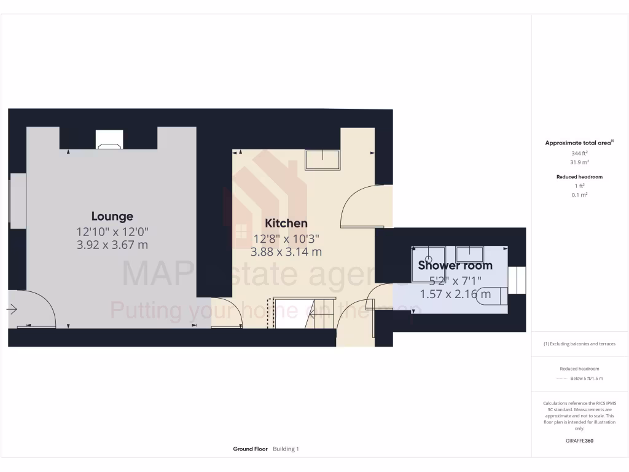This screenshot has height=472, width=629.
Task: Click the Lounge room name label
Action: pyautogui.click(x=112, y=216)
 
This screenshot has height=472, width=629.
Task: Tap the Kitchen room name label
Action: pyautogui.click(x=286, y=223)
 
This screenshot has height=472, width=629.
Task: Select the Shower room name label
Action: pyautogui.click(x=455, y=265)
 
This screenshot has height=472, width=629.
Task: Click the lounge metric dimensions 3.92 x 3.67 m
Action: pyautogui.click(x=112, y=245)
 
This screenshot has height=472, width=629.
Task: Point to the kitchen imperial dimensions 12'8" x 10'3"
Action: pyautogui.click(x=286, y=238)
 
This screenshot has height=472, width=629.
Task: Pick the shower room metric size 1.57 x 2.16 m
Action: pyautogui.click(x=455, y=294)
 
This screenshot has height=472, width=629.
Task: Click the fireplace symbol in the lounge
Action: pyautogui.click(x=109, y=141)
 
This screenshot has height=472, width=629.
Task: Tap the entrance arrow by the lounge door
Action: pyautogui.click(x=12, y=310)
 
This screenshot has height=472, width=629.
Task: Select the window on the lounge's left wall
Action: pyautogui.click(x=17, y=201)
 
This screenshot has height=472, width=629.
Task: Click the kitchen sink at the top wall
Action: pyautogui.click(x=322, y=159)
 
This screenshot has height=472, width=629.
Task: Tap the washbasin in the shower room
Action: pyautogui.click(x=470, y=254)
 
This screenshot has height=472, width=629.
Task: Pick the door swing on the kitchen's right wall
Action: pyautogui.click(x=362, y=208)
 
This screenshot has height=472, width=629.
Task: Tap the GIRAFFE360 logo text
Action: pyautogui.click(x=579, y=441)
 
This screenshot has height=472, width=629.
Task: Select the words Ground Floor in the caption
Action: pyautogui.click(x=250, y=449)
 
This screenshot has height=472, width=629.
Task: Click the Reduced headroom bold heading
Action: pyautogui.click(x=579, y=177)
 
